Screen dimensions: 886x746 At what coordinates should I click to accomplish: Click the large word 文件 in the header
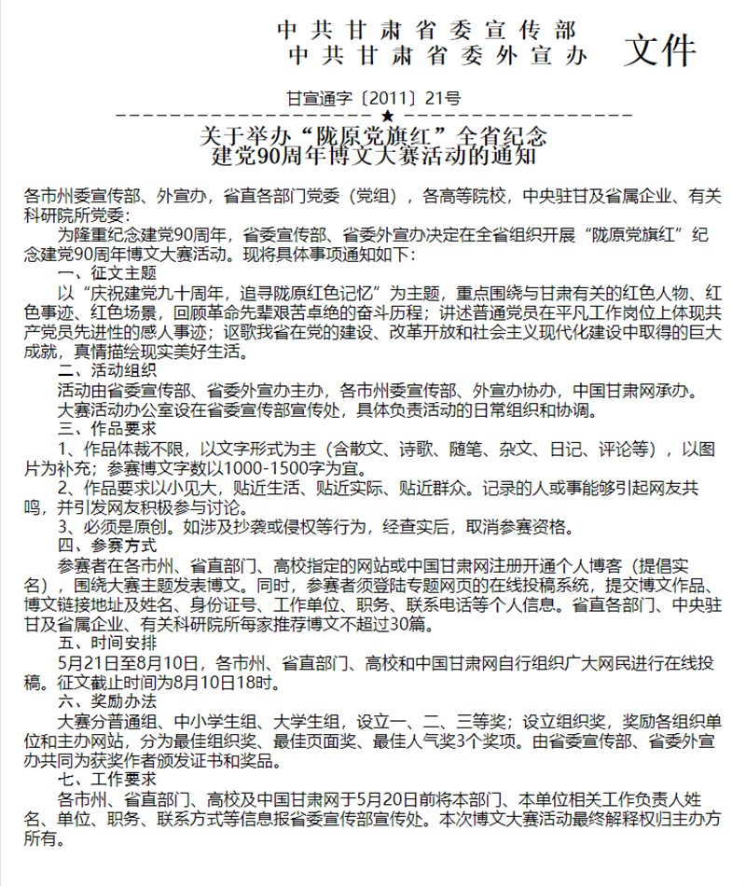pyautogui.click(x=660, y=48)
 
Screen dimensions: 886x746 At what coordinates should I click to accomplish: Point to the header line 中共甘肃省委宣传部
pyautogui.click(x=427, y=28)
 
